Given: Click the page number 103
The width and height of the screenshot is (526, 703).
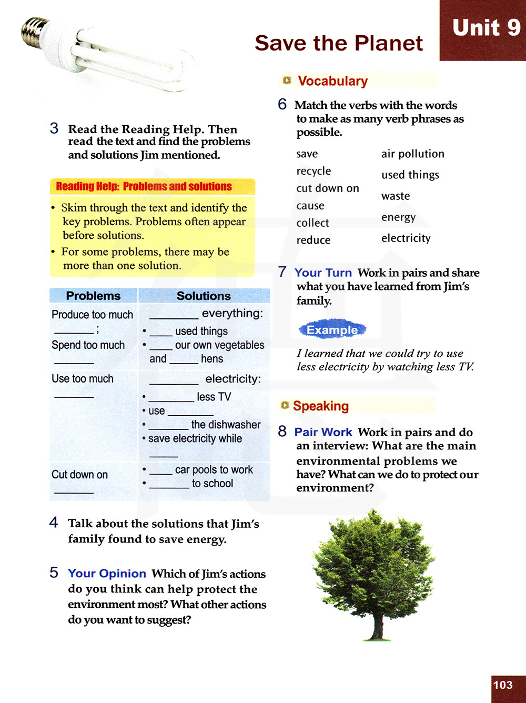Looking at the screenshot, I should coord(503,685).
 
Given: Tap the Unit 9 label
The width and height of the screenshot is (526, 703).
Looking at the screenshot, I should coord(486,28).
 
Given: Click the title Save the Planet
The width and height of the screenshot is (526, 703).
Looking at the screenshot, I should coord(339,43).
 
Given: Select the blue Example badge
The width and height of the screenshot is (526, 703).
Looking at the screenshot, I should coord(332,330).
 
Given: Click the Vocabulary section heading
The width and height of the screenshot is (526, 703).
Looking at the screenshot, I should coord(332,81).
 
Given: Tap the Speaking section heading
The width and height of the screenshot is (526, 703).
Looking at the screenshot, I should coord(320,406).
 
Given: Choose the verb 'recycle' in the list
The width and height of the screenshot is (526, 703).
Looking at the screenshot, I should coord(313,171).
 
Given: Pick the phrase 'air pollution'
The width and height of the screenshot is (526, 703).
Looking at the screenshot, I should coord(412,154).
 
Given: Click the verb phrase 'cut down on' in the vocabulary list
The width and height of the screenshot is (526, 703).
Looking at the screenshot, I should coord(327,188).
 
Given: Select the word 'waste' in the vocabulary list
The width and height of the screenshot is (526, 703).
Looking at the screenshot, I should coord(396,196).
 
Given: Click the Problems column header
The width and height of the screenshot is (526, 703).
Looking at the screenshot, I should coord(93,296).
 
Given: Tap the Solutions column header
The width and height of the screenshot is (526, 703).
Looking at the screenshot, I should coord(204,296).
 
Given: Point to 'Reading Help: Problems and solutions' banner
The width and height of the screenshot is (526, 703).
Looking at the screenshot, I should coord(144,186).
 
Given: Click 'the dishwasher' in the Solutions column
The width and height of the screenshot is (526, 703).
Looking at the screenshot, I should coord(226,425).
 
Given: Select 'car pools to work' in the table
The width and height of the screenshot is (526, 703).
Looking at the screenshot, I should coord(214,469).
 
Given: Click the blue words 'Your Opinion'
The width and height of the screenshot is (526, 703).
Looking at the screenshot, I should coord(107,574).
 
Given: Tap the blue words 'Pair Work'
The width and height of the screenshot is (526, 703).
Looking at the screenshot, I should coord(323,432).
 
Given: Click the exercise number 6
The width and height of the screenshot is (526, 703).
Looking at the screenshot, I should coord(282,104).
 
